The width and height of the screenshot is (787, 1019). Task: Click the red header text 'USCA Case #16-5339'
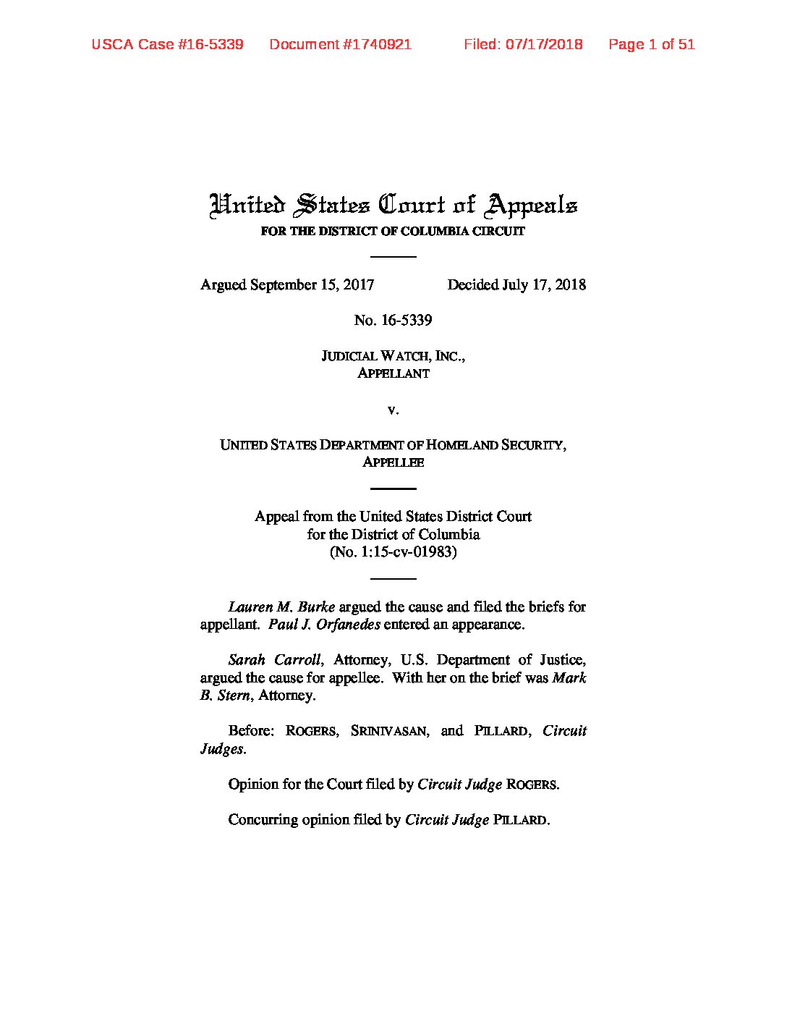tap(167, 44)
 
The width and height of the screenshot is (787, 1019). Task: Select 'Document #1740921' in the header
tap(340, 44)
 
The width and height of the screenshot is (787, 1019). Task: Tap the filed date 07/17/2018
tap(544, 44)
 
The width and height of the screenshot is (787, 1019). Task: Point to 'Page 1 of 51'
tap(651, 44)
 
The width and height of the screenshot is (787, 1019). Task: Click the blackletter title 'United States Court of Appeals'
tap(393, 205)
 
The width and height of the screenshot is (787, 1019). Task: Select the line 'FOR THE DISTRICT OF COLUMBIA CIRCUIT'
tap(393, 232)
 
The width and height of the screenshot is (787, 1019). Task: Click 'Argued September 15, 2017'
tap(287, 285)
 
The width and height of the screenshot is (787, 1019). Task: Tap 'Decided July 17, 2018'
tap(516, 285)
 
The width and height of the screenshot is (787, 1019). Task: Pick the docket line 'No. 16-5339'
tap(393, 321)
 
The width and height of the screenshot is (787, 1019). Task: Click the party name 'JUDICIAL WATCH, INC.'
tap(393, 356)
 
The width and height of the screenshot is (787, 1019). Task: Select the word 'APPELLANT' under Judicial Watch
tap(393, 373)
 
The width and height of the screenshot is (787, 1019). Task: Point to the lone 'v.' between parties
tap(393, 410)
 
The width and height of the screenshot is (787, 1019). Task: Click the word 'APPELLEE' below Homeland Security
tap(393, 462)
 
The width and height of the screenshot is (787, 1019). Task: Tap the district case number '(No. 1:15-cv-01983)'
tap(393, 552)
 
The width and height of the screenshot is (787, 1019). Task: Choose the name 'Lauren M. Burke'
tap(281, 606)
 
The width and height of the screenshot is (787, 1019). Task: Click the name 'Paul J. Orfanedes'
tap(324, 625)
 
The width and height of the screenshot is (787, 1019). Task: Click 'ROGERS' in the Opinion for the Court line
tap(532, 785)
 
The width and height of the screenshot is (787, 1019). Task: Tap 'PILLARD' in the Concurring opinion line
tap(520, 820)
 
